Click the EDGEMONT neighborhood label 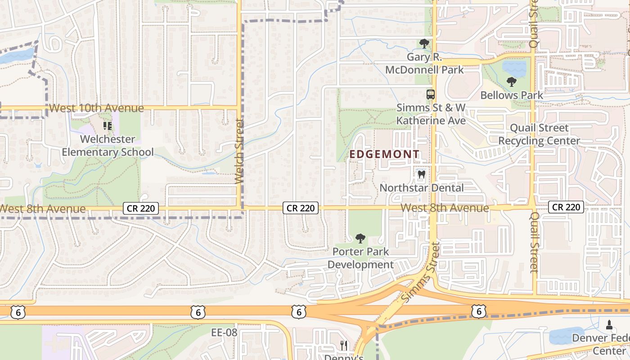[x=384, y=154]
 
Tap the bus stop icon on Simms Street [x=431, y=94]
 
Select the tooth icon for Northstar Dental [x=422, y=174]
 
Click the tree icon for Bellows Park [x=511, y=82]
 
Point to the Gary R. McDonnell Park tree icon [x=424, y=44]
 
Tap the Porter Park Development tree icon [x=360, y=238]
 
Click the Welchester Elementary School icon [x=107, y=126]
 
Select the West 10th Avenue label [x=96, y=108]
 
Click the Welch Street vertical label [x=239, y=151]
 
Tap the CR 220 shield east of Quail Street [x=566, y=207]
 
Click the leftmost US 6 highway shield [x=17, y=312]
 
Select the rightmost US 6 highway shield [x=479, y=310]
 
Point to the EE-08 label [x=224, y=333]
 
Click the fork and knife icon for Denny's [x=344, y=346]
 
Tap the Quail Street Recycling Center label [x=539, y=134]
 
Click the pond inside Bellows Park [x=514, y=68]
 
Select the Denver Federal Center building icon [x=609, y=324]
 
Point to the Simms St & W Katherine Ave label [x=431, y=114]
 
